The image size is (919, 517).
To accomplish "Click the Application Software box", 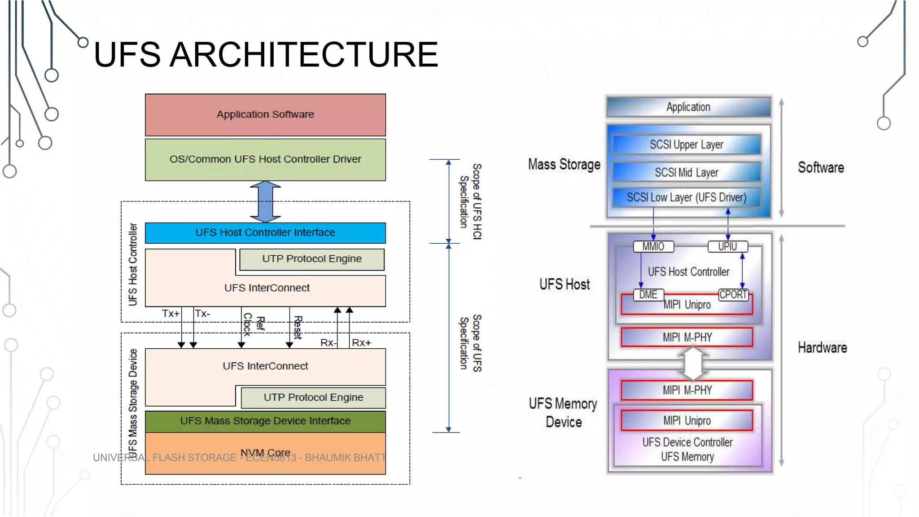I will [x=265, y=114].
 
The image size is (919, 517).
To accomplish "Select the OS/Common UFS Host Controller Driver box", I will [x=265, y=159].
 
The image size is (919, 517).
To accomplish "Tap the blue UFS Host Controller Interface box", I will [x=265, y=232].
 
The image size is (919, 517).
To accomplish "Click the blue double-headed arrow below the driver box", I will [x=265, y=202].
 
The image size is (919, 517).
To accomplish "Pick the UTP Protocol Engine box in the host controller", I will [x=312, y=259].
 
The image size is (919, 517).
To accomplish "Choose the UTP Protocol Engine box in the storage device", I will [x=313, y=398].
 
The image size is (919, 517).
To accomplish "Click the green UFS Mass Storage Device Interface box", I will [x=265, y=421].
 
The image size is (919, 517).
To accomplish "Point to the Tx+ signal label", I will [x=171, y=313].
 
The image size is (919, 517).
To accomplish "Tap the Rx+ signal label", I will [x=361, y=343].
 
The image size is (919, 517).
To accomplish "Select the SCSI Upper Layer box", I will [x=687, y=145].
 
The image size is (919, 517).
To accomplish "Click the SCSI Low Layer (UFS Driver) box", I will [x=687, y=197].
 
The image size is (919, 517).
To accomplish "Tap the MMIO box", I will [x=653, y=246].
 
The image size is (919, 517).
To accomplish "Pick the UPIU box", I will [x=727, y=246].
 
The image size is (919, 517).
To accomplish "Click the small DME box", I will [x=648, y=295].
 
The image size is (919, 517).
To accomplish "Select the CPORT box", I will [x=733, y=295].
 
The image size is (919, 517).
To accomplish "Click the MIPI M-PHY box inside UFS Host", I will [x=687, y=337].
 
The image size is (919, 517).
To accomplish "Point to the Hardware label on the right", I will [x=822, y=348].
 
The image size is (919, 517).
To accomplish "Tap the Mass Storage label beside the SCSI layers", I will [x=564, y=165].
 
